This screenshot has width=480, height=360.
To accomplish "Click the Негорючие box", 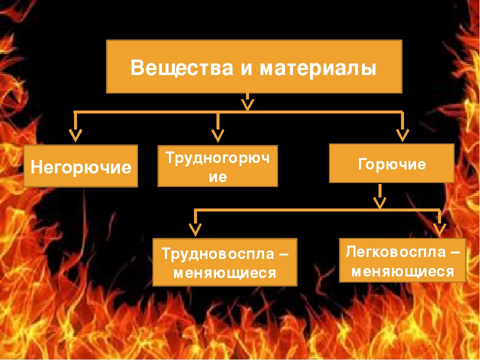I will [x=81, y=166].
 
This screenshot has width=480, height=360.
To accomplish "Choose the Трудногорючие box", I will [x=217, y=166].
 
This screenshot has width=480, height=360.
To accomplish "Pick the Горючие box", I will [x=391, y=163].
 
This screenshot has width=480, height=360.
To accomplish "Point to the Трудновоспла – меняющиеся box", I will [x=224, y=262].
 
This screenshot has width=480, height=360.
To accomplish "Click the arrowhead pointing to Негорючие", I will [x=75, y=135].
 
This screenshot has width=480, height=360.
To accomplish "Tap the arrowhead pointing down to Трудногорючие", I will [x=217, y=135].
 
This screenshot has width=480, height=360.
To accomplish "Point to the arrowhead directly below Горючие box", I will [x=380, y=202].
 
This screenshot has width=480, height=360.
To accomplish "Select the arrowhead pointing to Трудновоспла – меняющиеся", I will [x=195, y=229].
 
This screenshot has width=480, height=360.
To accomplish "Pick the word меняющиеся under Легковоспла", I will [x=402, y=271].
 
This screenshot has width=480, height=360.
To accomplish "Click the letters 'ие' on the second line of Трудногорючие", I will [x=217, y=177].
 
